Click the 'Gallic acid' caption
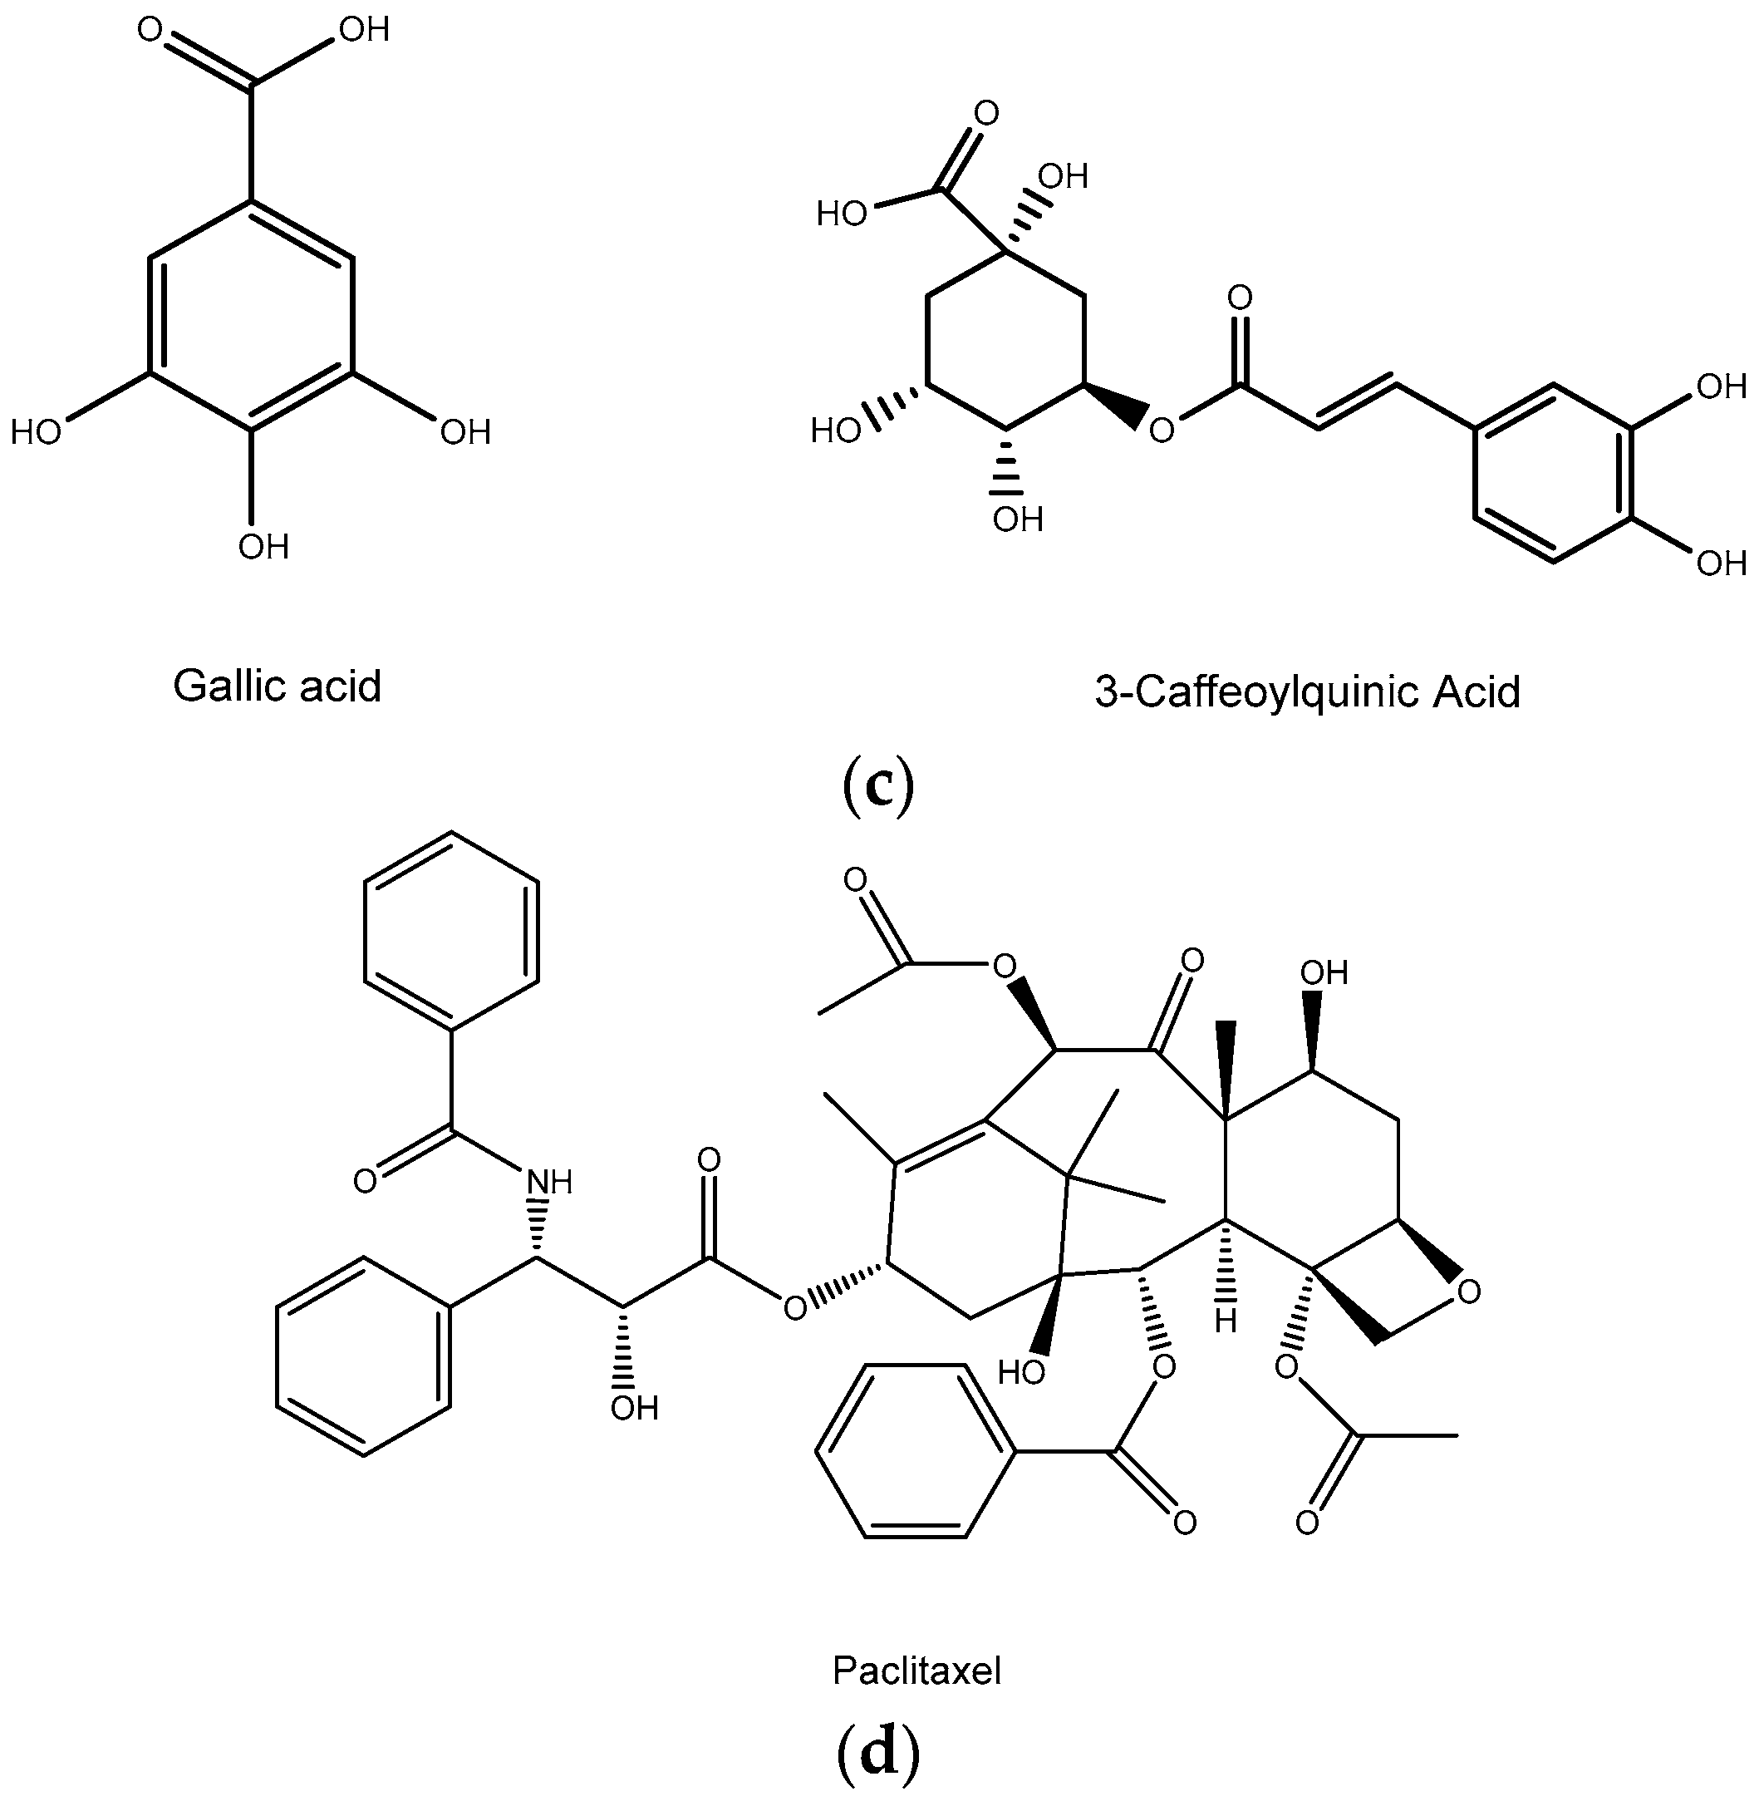pos(278,686)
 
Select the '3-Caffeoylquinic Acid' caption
pos(1307,691)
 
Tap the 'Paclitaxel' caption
pos(916,1670)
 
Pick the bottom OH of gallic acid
pos(263,547)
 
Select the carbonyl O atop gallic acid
pos(150,30)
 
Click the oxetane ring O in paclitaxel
pos(1469,1291)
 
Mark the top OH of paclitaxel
pos(1324,972)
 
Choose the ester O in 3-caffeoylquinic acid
pos(1162,429)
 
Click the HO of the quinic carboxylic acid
pos(842,214)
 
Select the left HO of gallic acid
pos(36,431)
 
